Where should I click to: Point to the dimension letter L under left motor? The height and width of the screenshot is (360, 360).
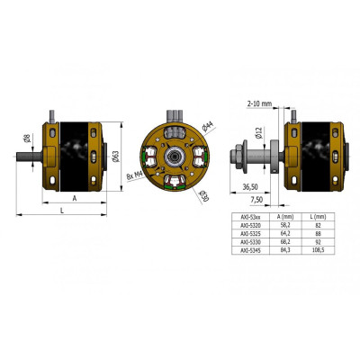click(60, 209)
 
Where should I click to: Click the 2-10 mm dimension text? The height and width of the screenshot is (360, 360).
click(257, 103)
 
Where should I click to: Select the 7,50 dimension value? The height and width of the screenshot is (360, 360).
click(257, 199)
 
